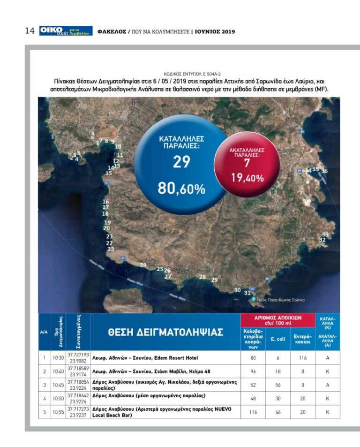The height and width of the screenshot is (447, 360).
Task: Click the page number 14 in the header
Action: coord(30,31)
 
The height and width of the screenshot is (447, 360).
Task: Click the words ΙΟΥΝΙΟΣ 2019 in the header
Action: coord(215,32)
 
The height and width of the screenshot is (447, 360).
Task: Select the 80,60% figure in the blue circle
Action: coord(181,189)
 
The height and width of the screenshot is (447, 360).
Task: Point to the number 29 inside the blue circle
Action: coord(181,162)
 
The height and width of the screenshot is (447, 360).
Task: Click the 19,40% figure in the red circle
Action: coord(247,178)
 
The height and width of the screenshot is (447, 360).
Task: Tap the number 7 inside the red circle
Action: coord(247,163)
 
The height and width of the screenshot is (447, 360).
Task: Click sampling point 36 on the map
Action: coord(324,171)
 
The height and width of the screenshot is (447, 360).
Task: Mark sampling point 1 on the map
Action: coord(53,136)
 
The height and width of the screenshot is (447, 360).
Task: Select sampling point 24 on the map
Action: coord(143,265)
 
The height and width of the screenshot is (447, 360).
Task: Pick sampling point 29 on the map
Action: coord(215,280)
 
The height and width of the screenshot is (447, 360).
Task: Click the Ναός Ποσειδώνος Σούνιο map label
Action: coord(281,300)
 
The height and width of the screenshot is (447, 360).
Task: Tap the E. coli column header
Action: coord(278,339)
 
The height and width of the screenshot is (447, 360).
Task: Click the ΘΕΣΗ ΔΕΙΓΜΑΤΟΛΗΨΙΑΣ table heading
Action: coord(165,332)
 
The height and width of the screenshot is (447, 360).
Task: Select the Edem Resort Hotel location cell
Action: coord(165,358)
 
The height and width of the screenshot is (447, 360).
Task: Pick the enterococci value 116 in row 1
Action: coord(303,358)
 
